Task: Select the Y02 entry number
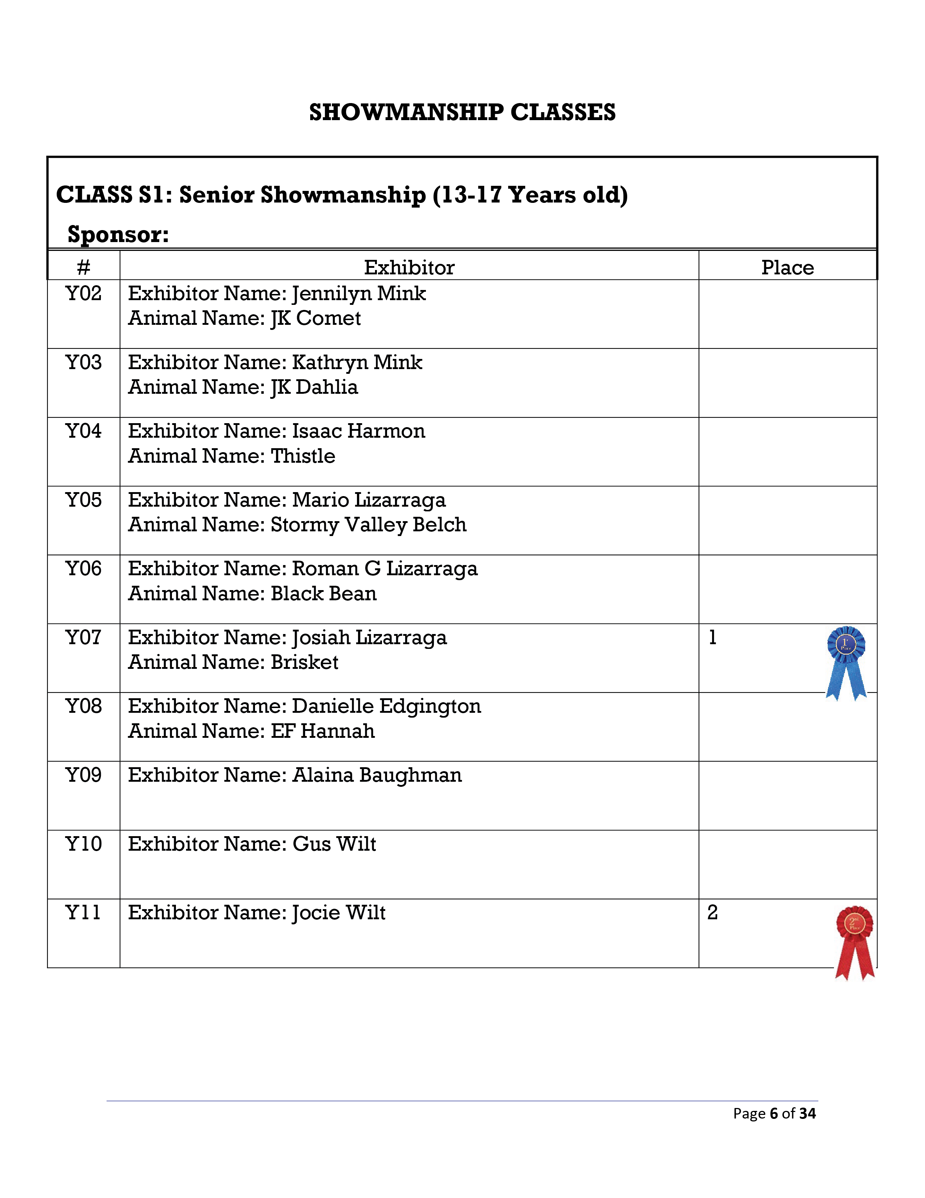click(83, 294)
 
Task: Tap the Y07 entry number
click(83, 637)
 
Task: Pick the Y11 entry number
click(83, 913)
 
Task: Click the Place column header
click(788, 268)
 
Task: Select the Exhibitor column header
click(409, 268)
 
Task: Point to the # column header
click(83, 268)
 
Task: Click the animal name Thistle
click(303, 456)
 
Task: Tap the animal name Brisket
click(304, 662)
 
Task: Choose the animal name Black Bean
click(324, 593)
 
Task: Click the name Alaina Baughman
click(377, 775)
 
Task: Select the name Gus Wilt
click(334, 844)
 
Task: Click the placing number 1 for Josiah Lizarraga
click(712, 637)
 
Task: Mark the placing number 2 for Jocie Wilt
click(712, 913)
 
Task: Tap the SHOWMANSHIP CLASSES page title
click(462, 113)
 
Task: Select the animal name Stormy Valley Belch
click(369, 525)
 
